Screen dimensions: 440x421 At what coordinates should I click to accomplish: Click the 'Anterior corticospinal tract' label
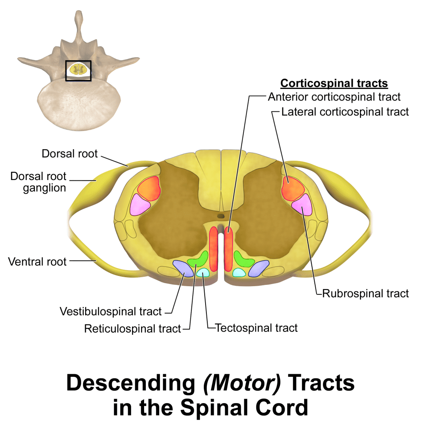(334, 97)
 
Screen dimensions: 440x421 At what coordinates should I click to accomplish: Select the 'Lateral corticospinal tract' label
(345, 112)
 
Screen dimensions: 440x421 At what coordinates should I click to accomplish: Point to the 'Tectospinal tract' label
(256, 328)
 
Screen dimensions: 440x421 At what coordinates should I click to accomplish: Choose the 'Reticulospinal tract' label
(132, 329)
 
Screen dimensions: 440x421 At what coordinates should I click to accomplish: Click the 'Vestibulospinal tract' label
(111, 311)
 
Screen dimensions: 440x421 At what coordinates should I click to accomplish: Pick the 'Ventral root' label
(37, 261)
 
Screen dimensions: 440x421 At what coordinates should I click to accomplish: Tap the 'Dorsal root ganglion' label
(39, 182)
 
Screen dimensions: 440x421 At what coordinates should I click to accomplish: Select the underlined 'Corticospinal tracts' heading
(334, 83)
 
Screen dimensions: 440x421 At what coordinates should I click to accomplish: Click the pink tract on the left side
(140, 205)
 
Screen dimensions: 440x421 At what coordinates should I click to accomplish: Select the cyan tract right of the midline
(239, 272)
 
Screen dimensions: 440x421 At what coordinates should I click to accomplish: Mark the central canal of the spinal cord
(221, 216)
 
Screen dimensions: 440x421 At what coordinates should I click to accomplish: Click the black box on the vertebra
(78, 70)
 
